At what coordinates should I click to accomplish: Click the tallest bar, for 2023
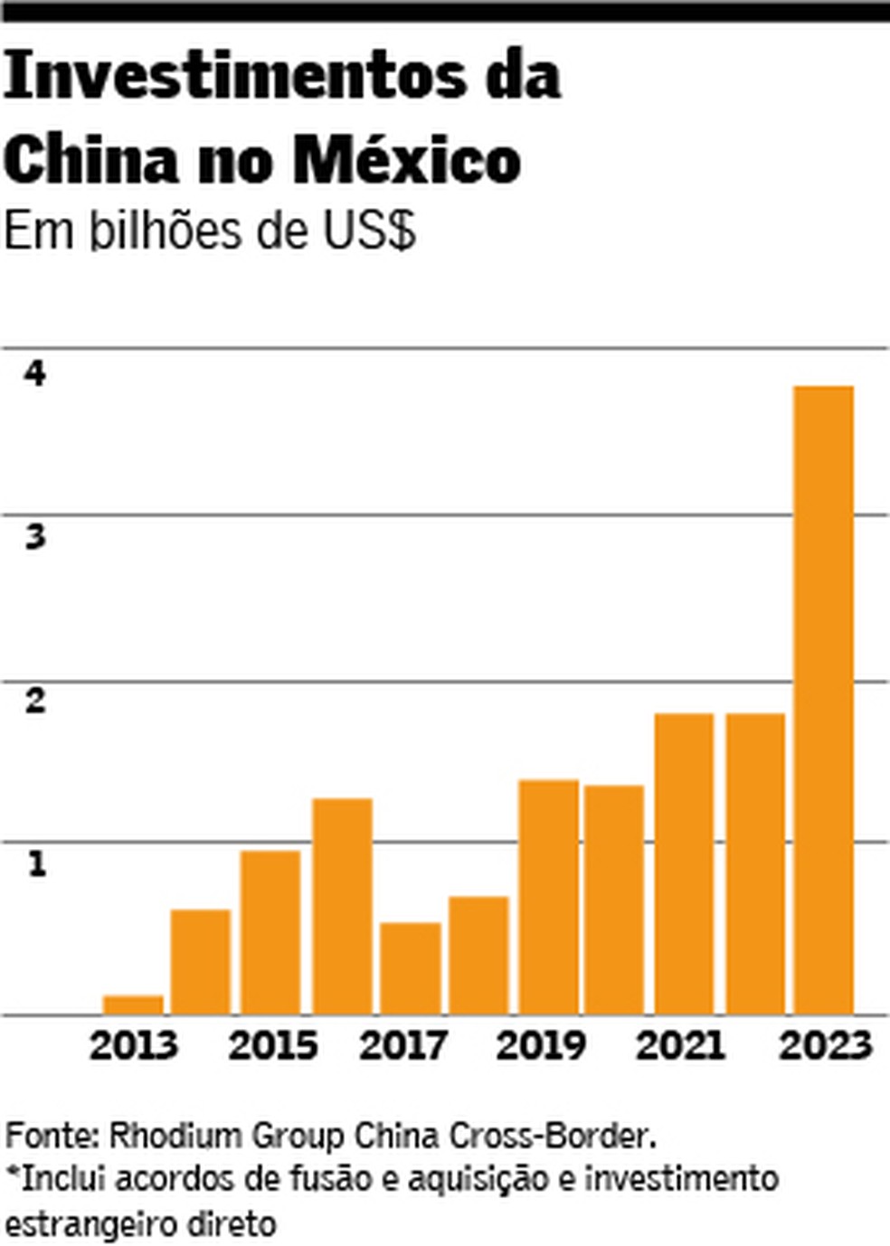point(823,700)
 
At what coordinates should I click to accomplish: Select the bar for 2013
point(133,1005)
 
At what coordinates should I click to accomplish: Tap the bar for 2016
point(342,906)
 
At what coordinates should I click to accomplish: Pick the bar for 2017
point(410,968)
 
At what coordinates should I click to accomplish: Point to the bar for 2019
point(548,897)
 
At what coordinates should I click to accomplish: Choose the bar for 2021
point(684,864)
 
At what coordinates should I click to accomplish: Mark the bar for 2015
point(270,932)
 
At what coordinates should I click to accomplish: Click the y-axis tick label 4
point(35,373)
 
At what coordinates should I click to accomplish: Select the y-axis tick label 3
point(35,537)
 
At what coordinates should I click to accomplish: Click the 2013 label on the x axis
point(134,1046)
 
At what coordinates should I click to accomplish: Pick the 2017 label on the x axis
point(403,1046)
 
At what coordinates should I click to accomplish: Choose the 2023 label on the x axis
point(825,1046)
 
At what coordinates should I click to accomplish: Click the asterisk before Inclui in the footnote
point(12,1175)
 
